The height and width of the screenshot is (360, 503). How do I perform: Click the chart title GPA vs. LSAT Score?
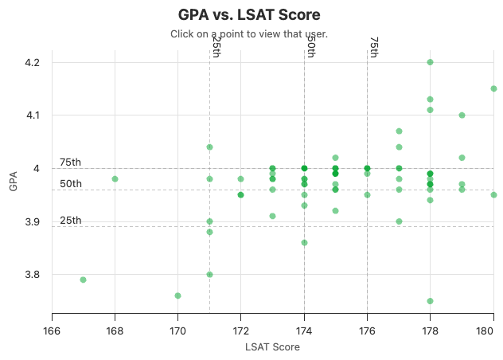click(249, 14)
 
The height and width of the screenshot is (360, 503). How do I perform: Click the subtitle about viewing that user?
click(249, 34)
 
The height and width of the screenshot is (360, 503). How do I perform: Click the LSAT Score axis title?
click(272, 346)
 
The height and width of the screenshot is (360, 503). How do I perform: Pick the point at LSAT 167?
click(83, 280)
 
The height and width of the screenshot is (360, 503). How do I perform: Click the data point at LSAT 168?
click(115, 179)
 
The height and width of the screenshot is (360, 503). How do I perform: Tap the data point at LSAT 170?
click(177, 295)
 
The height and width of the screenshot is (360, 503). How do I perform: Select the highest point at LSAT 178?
click(430, 62)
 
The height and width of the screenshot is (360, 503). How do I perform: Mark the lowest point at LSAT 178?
click(430, 301)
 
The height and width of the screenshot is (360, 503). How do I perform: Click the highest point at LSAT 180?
click(493, 88)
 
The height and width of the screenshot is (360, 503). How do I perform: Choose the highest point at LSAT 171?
click(209, 147)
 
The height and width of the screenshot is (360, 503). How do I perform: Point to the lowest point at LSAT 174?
click(304, 242)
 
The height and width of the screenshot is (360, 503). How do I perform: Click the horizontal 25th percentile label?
click(70, 221)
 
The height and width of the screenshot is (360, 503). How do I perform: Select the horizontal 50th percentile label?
click(70, 184)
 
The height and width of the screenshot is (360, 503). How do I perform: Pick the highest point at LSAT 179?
click(462, 115)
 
